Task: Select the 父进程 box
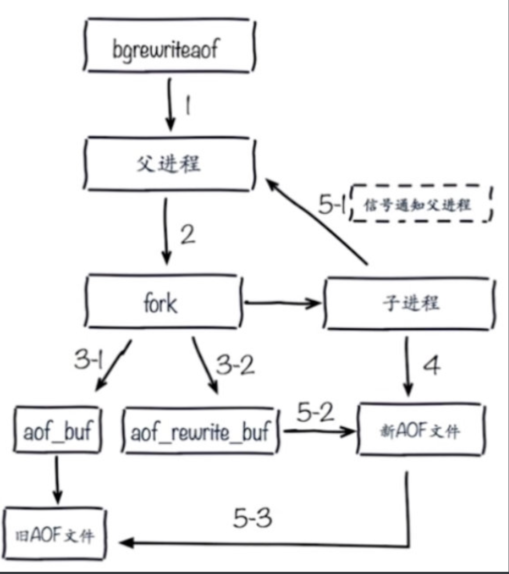tap(169, 163)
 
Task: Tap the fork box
tap(162, 302)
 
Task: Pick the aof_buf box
tap(57, 430)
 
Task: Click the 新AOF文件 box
tap(420, 430)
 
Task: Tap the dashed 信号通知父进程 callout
tap(420, 204)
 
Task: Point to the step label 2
tap(187, 235)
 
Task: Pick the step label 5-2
tap(315, 412)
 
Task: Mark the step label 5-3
tap(252, 518)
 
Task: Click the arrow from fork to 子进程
tap(283, 303)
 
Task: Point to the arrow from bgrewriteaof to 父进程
tap(169, 104)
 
